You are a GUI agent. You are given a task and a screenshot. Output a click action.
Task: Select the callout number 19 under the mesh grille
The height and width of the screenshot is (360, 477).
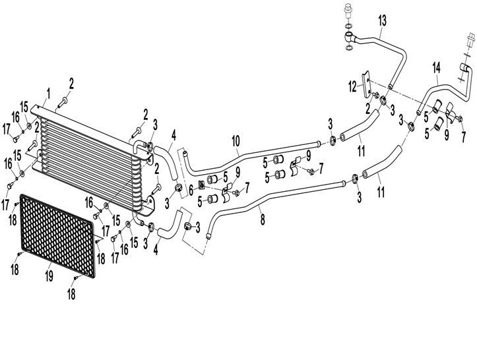point(49,276)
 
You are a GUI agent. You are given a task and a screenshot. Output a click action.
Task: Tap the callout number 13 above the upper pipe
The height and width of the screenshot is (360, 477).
point(383,20)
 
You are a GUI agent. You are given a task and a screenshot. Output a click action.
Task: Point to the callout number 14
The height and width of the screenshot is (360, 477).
point(437,68)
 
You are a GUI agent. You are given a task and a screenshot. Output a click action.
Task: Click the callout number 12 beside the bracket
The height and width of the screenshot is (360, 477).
point(353,87)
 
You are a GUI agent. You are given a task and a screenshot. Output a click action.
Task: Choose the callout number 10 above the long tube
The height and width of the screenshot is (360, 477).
point(236,141)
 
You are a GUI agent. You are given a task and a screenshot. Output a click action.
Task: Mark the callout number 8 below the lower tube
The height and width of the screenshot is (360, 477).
point(263,219)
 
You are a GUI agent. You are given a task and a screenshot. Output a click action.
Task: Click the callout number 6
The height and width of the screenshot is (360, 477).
point(191,191)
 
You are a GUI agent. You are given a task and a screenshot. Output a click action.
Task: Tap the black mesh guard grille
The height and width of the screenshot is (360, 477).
point(58,236)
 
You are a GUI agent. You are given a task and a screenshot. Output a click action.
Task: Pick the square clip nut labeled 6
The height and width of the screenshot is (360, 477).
point(201,184)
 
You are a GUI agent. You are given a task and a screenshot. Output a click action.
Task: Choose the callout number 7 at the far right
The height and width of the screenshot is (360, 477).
point(463,137)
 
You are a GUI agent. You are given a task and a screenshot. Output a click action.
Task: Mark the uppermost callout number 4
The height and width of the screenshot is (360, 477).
point(174,136)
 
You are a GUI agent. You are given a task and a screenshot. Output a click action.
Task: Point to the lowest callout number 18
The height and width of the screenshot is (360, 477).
point(71,294)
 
